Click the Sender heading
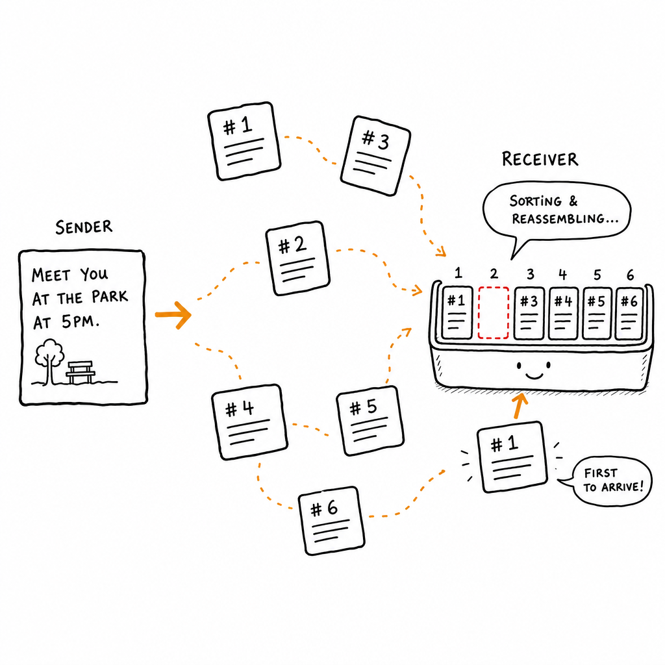(x=84, y=227)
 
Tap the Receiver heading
(x=540, y=159)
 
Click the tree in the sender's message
(x=49, y=361)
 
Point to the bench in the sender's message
(x=80, y=372)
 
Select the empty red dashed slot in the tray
(x=494, y=312)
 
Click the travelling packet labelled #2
(x=297, y=258)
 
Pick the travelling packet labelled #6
(x=332, y=520)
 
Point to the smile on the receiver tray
(x=534, y=375)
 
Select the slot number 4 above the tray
(x=563, y=275)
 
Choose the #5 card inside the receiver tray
(x=597, y=314)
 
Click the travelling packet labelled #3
(x=375, y=156)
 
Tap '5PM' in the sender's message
(x=80, y=322)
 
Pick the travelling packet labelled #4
(x=249, y=422)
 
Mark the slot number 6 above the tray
(x=630, y=275)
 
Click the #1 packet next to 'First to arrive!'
(x=512, y=457)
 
